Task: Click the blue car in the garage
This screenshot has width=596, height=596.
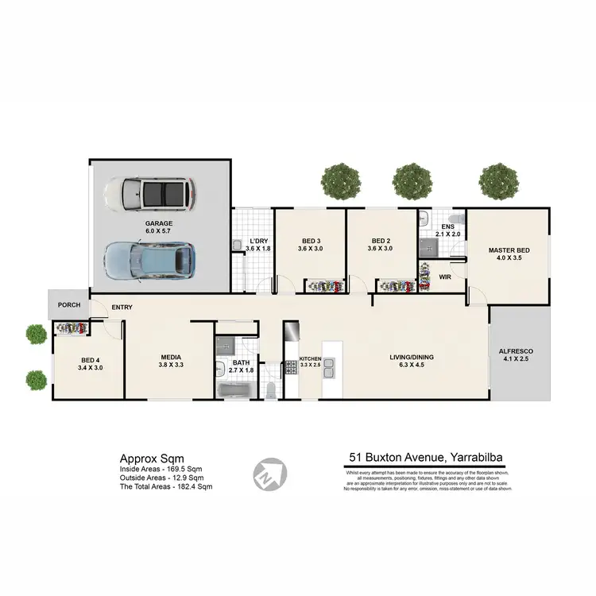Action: pyautogui.click(x=150, y=259)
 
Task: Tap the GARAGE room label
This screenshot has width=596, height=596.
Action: pyautogui.click(x=158, y=224)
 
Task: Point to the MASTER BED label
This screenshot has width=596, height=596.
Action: pyautogui.click(x=509, y=251)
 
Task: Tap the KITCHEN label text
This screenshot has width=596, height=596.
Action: pyautogui.click(x=311, y=358)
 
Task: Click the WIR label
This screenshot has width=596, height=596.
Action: pyautogui.click(x=445, y=277)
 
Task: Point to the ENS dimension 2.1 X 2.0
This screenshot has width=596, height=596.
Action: pyautogui.click(x=447, y=234)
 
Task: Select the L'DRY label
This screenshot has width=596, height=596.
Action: pyautogui.click(x=258, y=241)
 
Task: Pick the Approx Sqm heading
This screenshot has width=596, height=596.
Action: pyautogui.click(x=151, y=458)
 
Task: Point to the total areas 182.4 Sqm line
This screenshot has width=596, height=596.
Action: pyautogui.click(x=166, y=486)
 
